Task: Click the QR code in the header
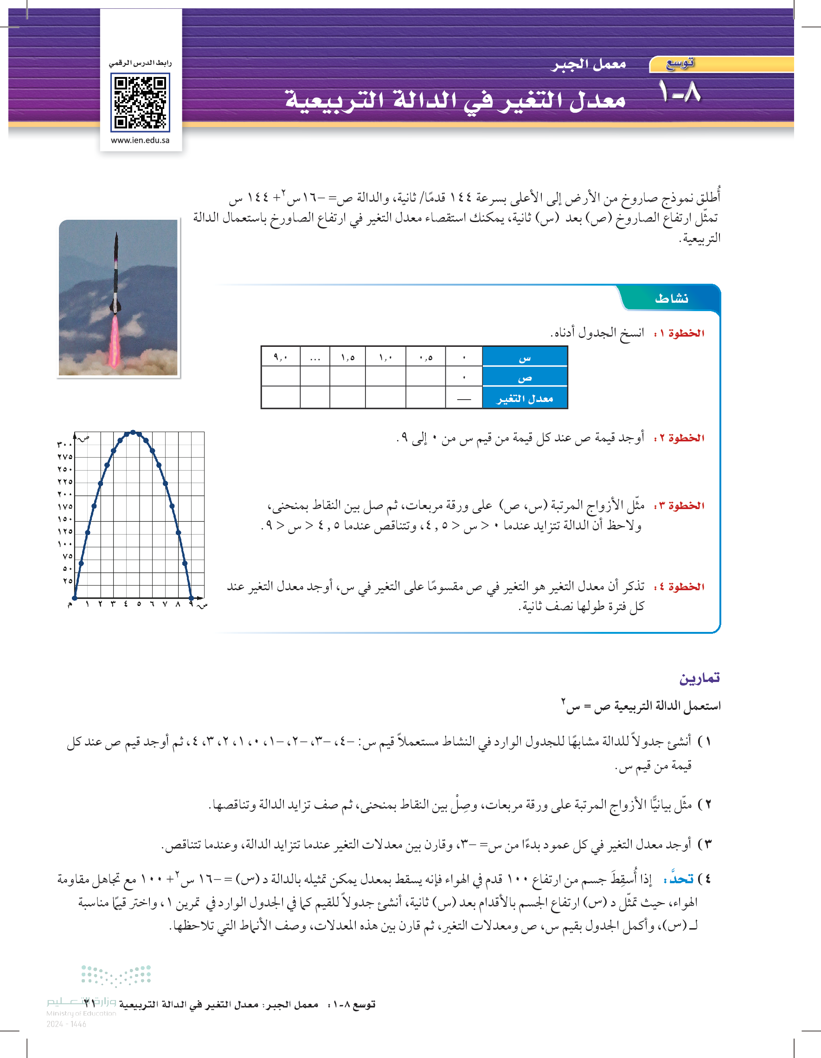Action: tap(140, 102)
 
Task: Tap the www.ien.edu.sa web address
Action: tap(140, 140)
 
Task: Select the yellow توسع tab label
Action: tap(680, 64)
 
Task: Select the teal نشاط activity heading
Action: tap(671, 299)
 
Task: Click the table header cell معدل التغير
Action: tap(525, 399)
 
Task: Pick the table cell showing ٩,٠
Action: tap(280, 357)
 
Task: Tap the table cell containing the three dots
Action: tap(315, 357)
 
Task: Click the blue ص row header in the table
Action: tap(525, 377)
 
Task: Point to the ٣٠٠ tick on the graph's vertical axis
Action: tap(65, 444)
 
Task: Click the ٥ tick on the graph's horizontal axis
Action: tap(139, 604)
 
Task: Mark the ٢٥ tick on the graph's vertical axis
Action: tap(67, 581)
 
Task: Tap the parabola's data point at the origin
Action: tap(75, 598)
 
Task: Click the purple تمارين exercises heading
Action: tap(699, 678)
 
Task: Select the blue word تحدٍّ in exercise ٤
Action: tap(682, 879)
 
